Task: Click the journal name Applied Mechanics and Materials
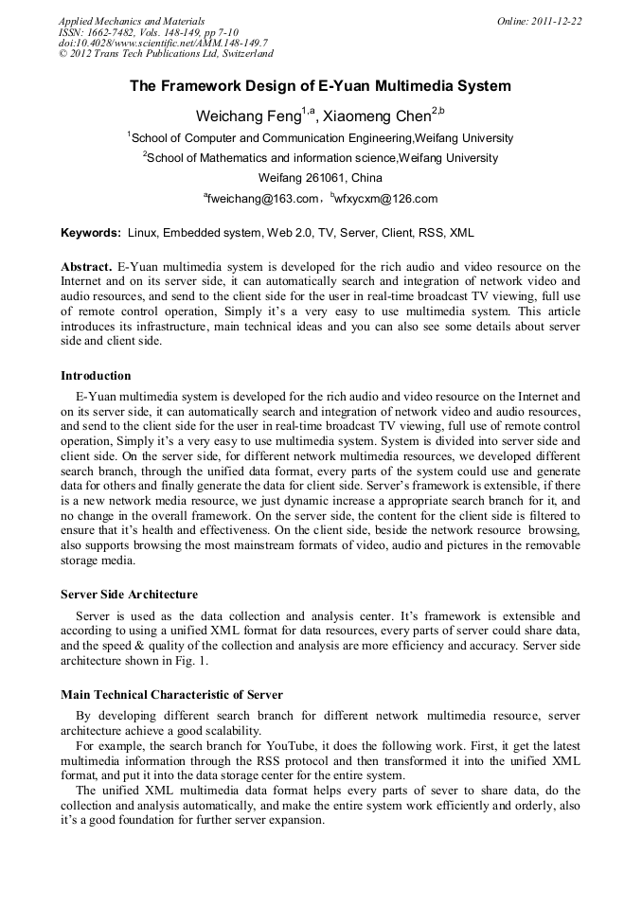[x=132, y=21]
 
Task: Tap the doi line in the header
[x=163, y=44]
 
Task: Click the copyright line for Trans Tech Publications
[x=166, y=55]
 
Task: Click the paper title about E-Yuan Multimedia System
[x=320, y=86]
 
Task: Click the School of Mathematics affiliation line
[x=322, y=158]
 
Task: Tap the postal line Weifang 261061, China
[x=320, y=178]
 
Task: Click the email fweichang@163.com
[x=262, y=199]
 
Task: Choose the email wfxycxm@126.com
[x=385, y=199]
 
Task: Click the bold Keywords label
[x=91, y=233]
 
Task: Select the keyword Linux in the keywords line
[x=143, y=233]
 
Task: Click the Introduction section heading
[x=96, y=376]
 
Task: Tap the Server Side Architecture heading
[x=129, y=595]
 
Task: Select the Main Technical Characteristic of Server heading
[x=171, y=695]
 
